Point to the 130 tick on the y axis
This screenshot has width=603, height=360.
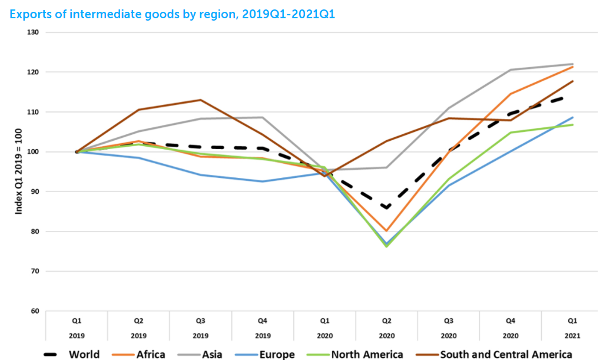pyautogui.click(x=33, y=32)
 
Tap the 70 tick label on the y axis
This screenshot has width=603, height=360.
pyautogui.click(x=33, y=271)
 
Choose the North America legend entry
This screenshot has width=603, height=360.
pyautogui.click(x=367, y=354)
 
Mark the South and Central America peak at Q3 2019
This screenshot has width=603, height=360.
pyautogui.click(x=200, y=100)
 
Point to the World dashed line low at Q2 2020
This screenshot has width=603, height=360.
pyautogui.click(x=386, y=208)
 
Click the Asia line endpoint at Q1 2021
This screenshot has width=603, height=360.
pyautogui.click(x=573, y=64)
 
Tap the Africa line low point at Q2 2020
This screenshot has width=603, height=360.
pyautogui.click(x=386, y=231)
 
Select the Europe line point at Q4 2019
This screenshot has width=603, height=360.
pyautogui.click(x=262, y=181)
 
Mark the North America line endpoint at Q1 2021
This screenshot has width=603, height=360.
pyautogui.click(x=573, y=125)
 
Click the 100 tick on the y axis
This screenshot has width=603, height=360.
pyautogui.click(x=33, y=151)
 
